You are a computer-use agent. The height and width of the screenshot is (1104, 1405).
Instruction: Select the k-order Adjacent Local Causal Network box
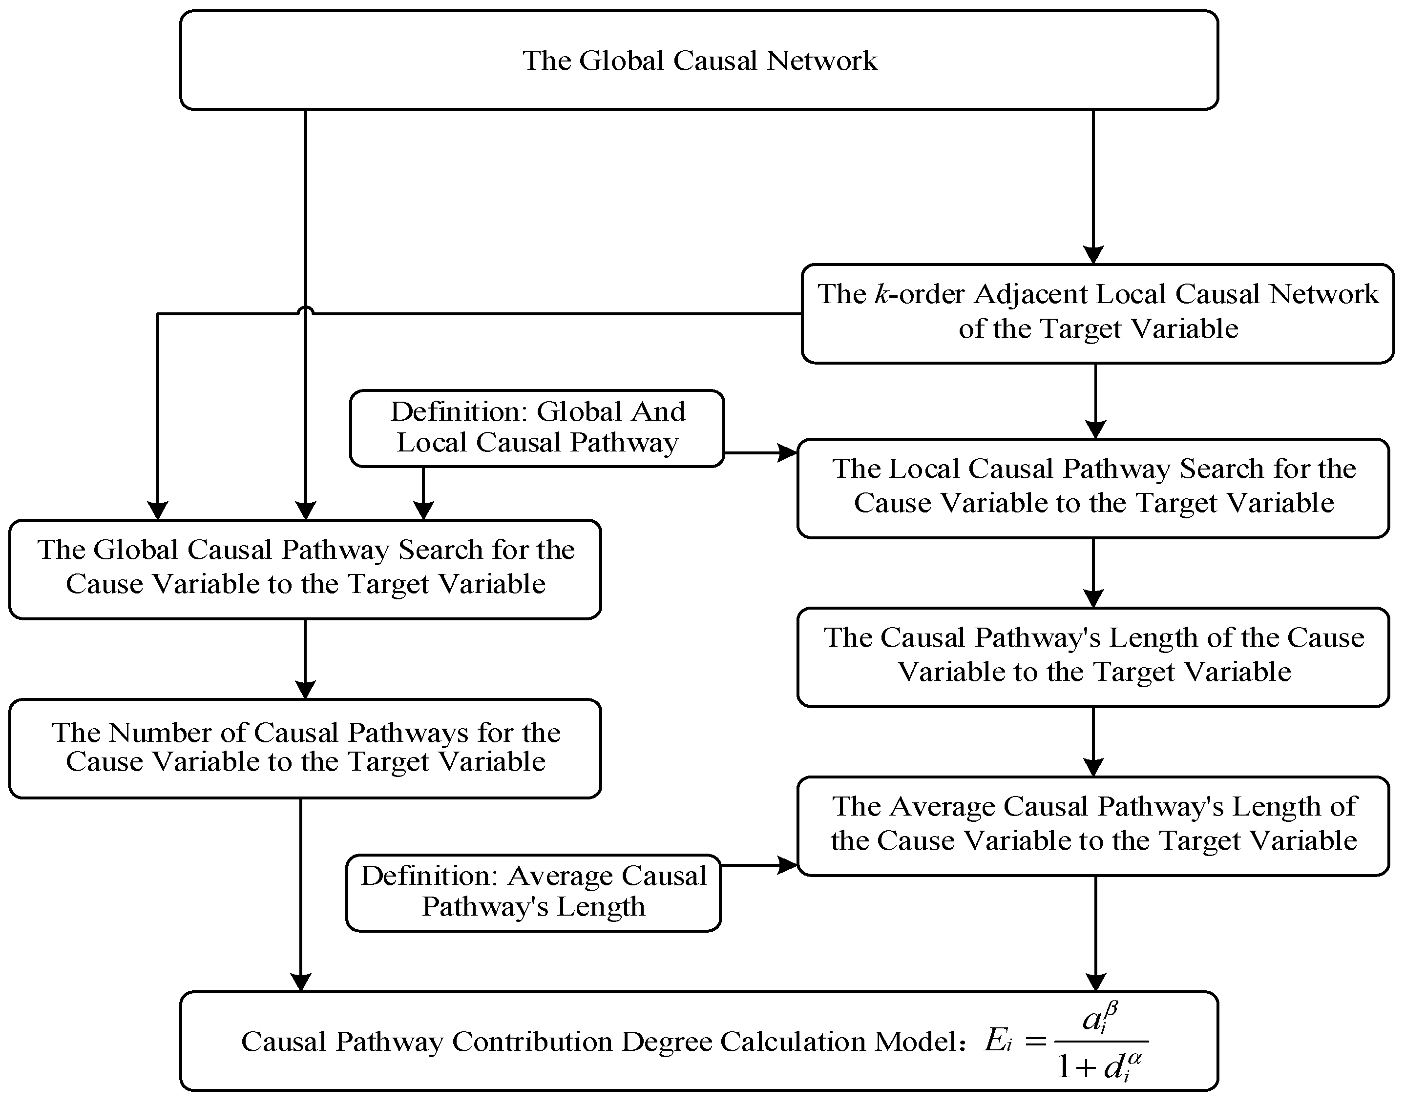tap(1097, 313)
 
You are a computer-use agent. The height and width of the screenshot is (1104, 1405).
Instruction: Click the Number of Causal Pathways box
tap(305, 748)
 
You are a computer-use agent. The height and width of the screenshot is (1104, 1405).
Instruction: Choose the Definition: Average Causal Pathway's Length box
tap(533, 893)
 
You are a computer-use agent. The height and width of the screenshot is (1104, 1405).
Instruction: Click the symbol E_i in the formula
tap(997, 1041)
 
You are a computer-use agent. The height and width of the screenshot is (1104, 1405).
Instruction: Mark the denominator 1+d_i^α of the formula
tap(1099, 1065)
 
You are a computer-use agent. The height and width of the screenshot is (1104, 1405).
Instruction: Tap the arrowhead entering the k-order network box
tap(1093, 255)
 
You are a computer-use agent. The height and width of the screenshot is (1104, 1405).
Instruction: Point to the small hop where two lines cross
tap(305, 310)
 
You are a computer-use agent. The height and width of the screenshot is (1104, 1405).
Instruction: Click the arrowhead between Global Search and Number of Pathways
tap(305, 689)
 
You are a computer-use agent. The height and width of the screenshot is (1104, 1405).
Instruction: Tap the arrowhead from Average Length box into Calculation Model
tap(1094, 981)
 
